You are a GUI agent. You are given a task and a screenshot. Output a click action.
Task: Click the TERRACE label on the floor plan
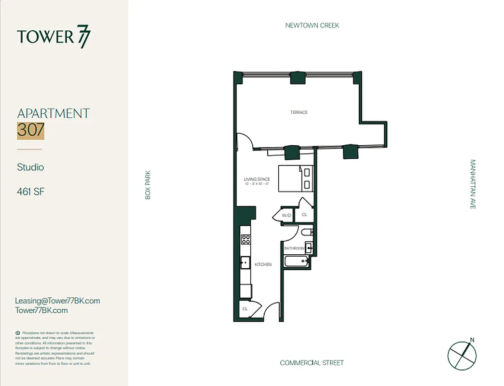pos(299,112)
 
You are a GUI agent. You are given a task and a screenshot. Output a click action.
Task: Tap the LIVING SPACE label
pos(257,179)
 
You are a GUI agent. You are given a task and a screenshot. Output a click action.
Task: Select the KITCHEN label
pos(263,264)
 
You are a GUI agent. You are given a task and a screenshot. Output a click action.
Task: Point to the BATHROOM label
pos(294,248)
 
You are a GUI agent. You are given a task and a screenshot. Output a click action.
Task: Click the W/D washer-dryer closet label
pos(286,215)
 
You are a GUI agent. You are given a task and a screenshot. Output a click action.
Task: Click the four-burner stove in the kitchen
pos(245,240)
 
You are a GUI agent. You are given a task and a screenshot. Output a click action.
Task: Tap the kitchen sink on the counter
pos(245,263)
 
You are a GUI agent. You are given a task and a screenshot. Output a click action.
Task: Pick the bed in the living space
pos(296,178)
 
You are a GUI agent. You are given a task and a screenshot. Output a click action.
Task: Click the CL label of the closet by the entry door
pos(245,309)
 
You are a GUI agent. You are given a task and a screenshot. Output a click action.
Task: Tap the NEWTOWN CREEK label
pos(312,25)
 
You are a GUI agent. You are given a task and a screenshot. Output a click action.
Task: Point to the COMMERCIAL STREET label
pos(312,363)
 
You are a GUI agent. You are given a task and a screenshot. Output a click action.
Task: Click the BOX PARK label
pos(148,185)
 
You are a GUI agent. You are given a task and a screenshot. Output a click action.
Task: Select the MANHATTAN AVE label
pos(473,184)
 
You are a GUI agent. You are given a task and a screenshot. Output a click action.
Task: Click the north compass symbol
pos(462,355)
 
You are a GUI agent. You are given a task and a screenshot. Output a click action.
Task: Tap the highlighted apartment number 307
pos(31,130)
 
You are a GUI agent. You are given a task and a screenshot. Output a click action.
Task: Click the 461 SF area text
pos(31,192)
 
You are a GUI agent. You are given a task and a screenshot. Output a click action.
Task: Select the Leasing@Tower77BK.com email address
pos(58,301)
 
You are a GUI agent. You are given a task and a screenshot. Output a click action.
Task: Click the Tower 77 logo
pos(53,37)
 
